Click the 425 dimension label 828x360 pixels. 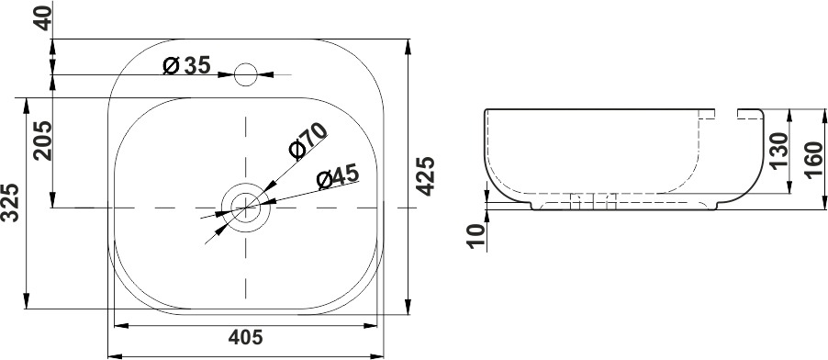[425, 176]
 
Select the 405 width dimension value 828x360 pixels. [245, 337]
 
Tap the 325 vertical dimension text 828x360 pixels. [10, 202]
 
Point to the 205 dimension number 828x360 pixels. [42, 141]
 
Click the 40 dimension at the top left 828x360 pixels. [44, 18]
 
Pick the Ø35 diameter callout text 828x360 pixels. [187, 65]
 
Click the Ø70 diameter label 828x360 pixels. [308, 141]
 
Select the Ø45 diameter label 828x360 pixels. [338, 176]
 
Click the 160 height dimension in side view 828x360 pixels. [813, 160]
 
